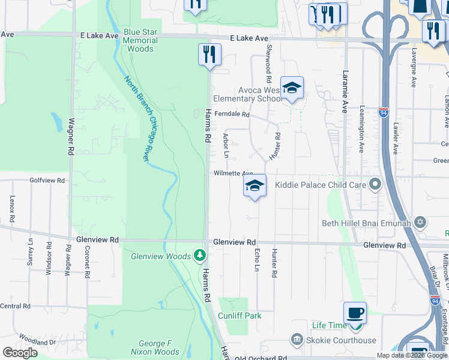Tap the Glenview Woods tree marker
[x=200, y=256]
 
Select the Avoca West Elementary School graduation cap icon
[x=292, y=89]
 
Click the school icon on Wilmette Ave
[x=255, y=186]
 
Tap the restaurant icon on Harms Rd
[x=209, y=54]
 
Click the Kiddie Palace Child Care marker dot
[x=376, y=184]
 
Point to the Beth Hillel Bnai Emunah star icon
[x=420, y=223]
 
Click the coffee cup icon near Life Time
[x=355, y=313]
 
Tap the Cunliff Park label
[x=240, y=316]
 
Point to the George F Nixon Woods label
[x=155, y=348]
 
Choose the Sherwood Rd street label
[x=269, y=63]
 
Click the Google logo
[x=20, y=353]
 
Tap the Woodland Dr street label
[x=37, y=340]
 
